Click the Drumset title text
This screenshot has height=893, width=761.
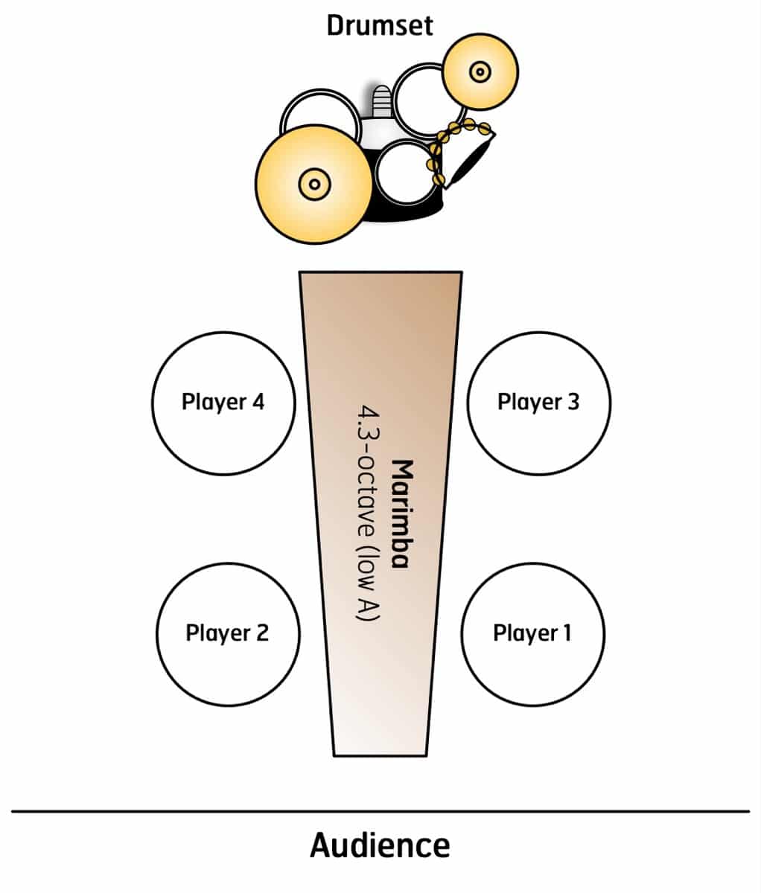pos(380,26)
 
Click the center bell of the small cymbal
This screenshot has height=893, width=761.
pos(480,72)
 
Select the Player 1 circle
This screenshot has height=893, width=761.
pos(532,633)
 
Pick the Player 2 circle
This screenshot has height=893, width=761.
pos(228,633)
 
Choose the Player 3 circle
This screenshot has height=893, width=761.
pos(538,403)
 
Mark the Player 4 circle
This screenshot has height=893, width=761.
pos(223,403)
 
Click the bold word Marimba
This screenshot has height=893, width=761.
pos(402,513)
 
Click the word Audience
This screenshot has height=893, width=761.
pos(380,846)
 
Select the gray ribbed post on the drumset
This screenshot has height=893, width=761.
pos(380,101)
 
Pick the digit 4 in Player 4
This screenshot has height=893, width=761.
pos(258,403)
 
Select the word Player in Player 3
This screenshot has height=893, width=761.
pos(524,403)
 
